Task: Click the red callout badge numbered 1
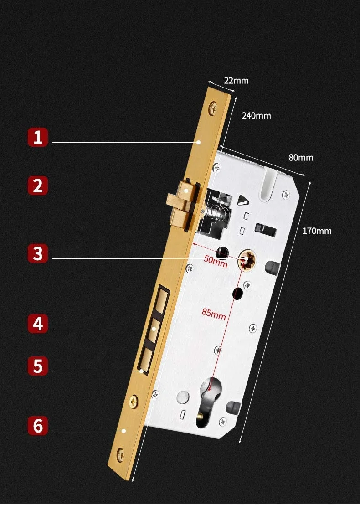38,137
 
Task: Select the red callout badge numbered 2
38,186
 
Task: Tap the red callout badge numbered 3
38,253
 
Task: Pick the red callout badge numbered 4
38,324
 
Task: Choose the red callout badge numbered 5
38,366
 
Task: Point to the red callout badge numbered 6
38,425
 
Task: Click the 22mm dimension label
236,81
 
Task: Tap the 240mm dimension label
256,116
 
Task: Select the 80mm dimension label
301,158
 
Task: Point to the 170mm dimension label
317,231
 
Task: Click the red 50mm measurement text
215,262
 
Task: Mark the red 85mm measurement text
214,314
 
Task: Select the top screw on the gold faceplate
213,108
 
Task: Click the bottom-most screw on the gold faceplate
121,453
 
